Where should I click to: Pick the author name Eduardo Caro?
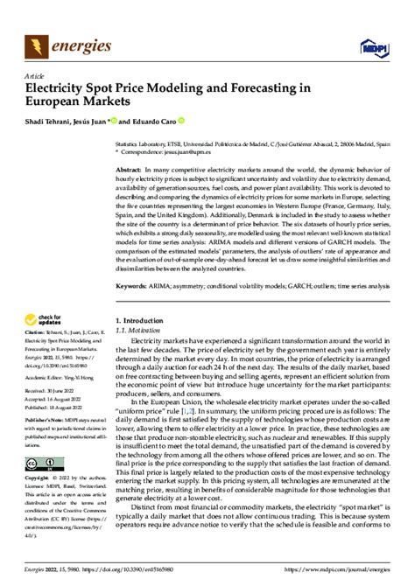(x=155, y=121)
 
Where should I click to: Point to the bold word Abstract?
(x=130, y=169)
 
